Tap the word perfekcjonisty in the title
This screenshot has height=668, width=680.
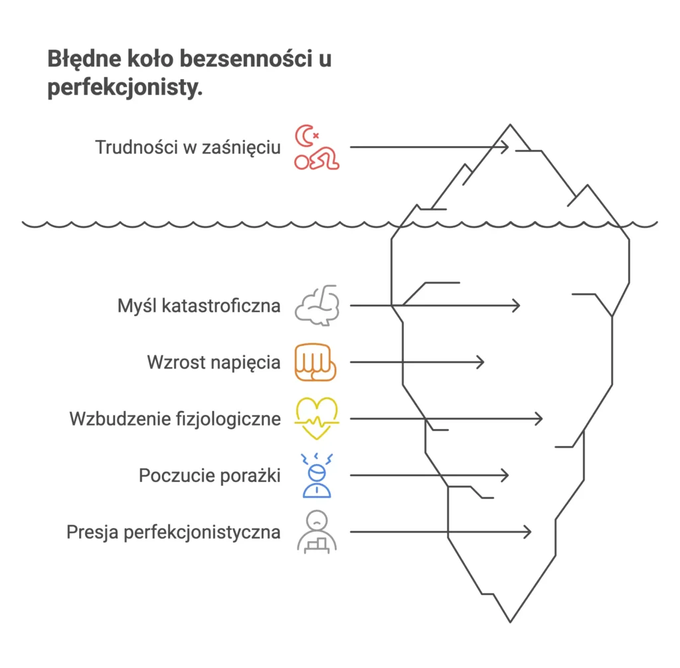124,88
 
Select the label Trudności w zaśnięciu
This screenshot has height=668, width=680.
187,147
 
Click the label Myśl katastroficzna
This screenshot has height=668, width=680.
199,306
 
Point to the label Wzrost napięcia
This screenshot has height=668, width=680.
213,363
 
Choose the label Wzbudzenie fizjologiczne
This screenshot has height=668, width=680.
175,419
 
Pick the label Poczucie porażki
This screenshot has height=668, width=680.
209,475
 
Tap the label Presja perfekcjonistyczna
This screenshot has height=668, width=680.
173,533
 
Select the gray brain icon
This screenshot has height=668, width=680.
317,305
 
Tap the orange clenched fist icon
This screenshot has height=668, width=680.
317,363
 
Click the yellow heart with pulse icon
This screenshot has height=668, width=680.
317,419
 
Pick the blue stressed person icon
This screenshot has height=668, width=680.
317,475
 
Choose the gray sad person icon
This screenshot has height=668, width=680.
317,533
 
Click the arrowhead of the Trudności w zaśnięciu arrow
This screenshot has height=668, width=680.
506,147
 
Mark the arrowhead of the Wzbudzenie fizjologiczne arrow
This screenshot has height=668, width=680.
539,419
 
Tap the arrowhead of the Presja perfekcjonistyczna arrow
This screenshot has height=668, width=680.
528,533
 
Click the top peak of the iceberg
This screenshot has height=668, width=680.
510,125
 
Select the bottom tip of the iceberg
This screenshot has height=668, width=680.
510,622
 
